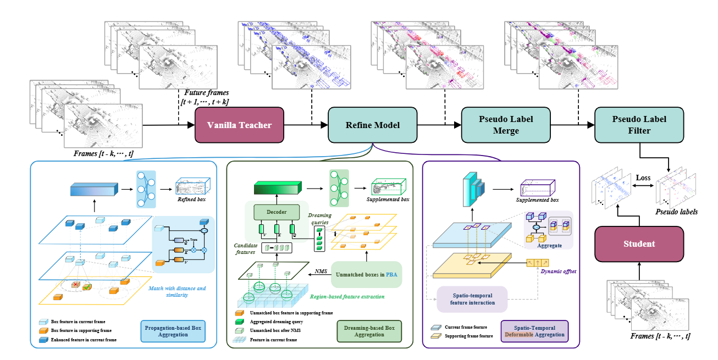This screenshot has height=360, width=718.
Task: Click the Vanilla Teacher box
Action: tap(239, 125)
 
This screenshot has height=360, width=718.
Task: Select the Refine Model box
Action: tap(372, 125)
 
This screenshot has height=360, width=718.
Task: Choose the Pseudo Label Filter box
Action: tap(639, 125)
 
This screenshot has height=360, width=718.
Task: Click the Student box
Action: tap(639, 243)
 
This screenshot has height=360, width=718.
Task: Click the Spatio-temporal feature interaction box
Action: tap(472, 298)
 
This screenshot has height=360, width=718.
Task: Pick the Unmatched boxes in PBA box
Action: tap(367, 274)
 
